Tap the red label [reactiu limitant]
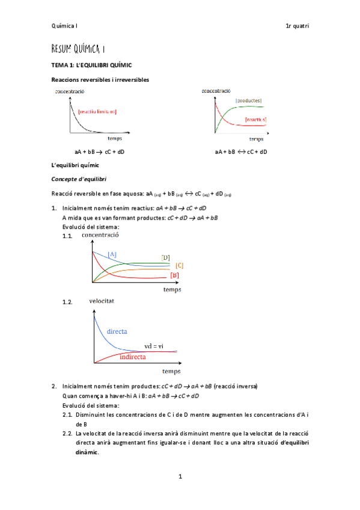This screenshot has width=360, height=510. [x=97, y=112]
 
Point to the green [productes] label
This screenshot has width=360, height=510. [x=248, y=100]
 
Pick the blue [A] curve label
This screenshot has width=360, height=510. [x=112, y=254]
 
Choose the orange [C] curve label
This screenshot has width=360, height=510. [x=179, y=265]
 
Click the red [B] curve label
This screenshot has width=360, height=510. [x=175, y=275]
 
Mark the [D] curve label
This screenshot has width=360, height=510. [x=165, y=257]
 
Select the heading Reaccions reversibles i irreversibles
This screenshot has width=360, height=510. [x=100, y=79]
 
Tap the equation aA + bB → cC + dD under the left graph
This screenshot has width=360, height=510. [x=99, y=152]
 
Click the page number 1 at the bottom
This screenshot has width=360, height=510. [x=180, y=477]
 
